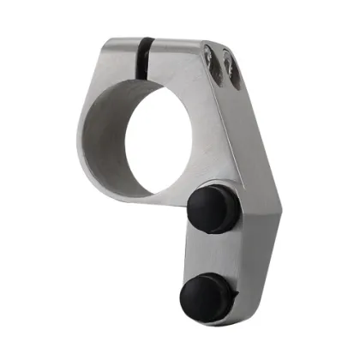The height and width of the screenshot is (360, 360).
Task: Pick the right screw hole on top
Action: click(231, 69)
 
